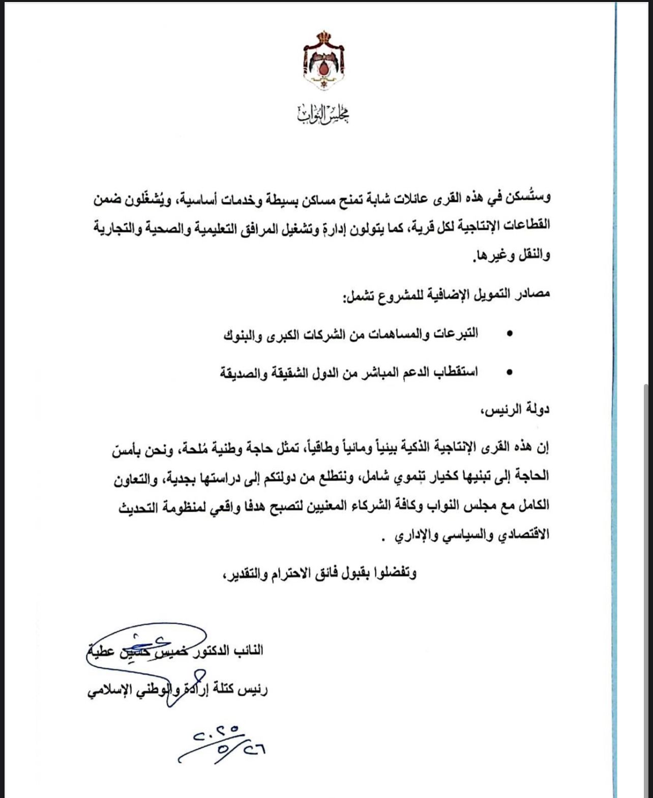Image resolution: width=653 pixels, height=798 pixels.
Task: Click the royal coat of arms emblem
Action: click(324, 60)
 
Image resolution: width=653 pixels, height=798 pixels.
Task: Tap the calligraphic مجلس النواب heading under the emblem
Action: click(324, 115)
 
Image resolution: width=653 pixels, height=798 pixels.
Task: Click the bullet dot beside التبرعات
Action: click(510, 334)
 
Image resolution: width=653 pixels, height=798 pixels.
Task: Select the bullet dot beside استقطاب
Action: click(510, 372)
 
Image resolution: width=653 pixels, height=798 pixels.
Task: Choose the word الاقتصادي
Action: click(523, 535)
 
